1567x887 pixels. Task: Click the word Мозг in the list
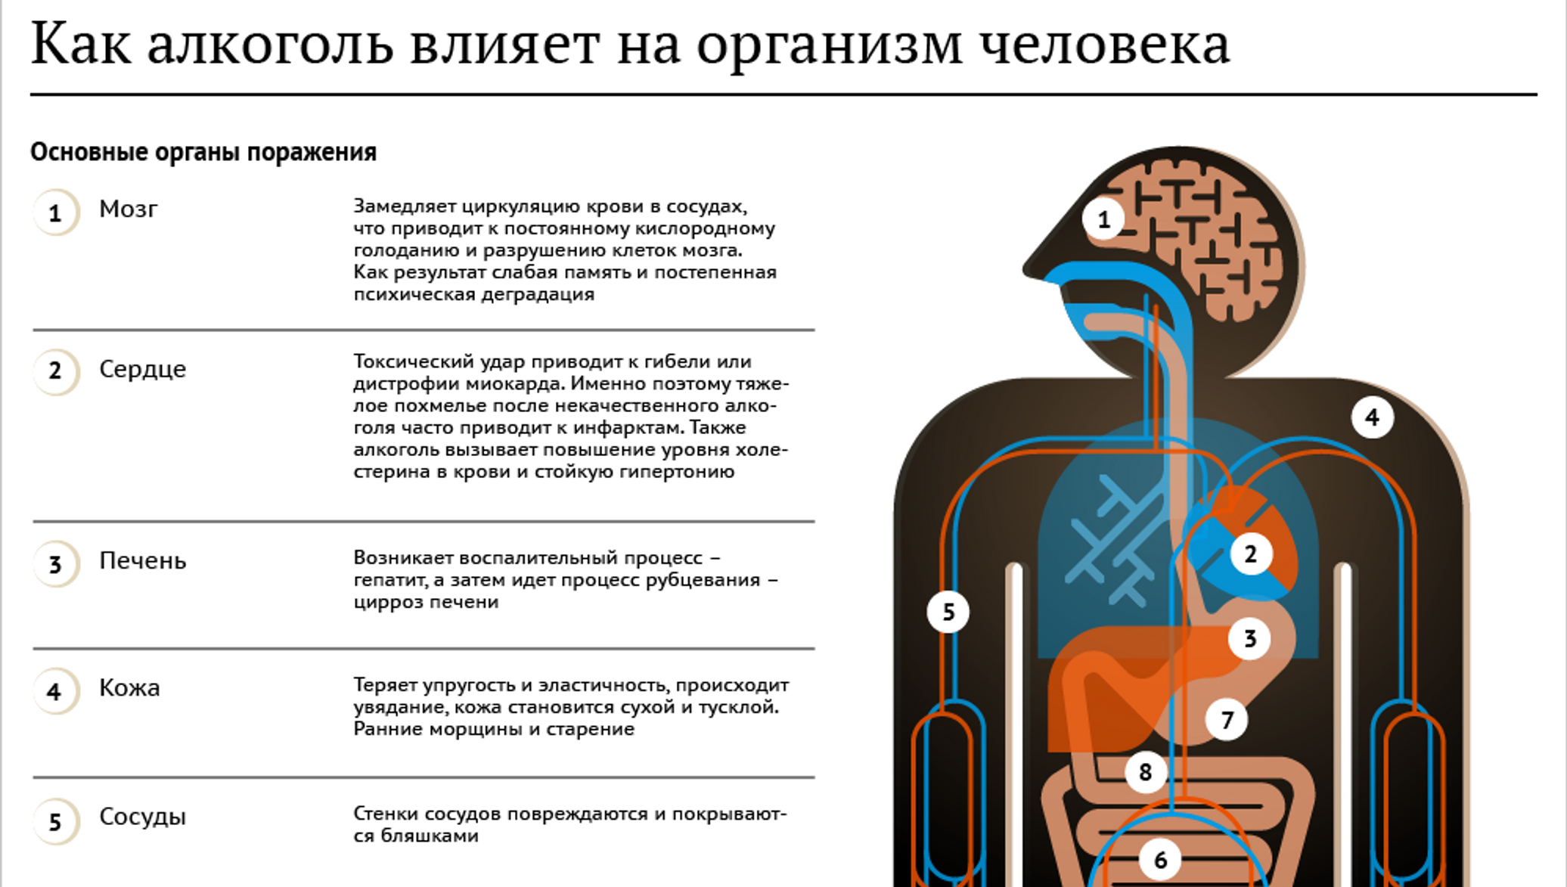129,209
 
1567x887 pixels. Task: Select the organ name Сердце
142,369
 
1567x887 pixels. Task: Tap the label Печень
142,561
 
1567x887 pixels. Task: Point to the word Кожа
129,688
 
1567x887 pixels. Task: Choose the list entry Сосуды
142,817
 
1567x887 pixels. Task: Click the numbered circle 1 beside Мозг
56,212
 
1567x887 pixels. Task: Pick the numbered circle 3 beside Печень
56,564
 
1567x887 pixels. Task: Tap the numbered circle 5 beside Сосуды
56,821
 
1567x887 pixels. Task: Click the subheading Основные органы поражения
203,153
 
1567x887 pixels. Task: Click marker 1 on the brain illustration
1103,219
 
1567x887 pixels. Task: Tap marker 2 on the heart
1251,554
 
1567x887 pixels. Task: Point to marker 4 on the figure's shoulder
1373,417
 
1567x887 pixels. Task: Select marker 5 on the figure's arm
948,612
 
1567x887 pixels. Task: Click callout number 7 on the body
1227,719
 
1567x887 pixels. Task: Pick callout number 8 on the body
1146,772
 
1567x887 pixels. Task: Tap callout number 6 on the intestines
1160,860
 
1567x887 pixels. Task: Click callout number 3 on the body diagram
1249,639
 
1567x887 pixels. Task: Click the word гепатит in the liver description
393,581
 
